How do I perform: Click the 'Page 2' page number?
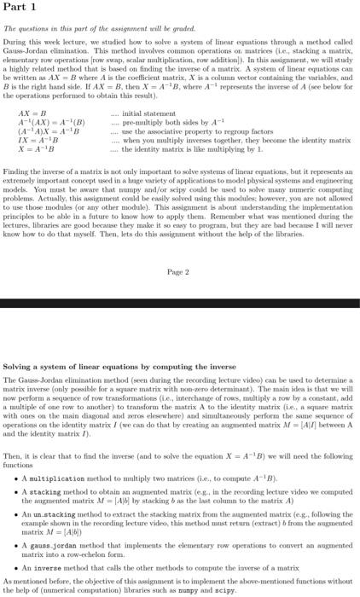[178, 271]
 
